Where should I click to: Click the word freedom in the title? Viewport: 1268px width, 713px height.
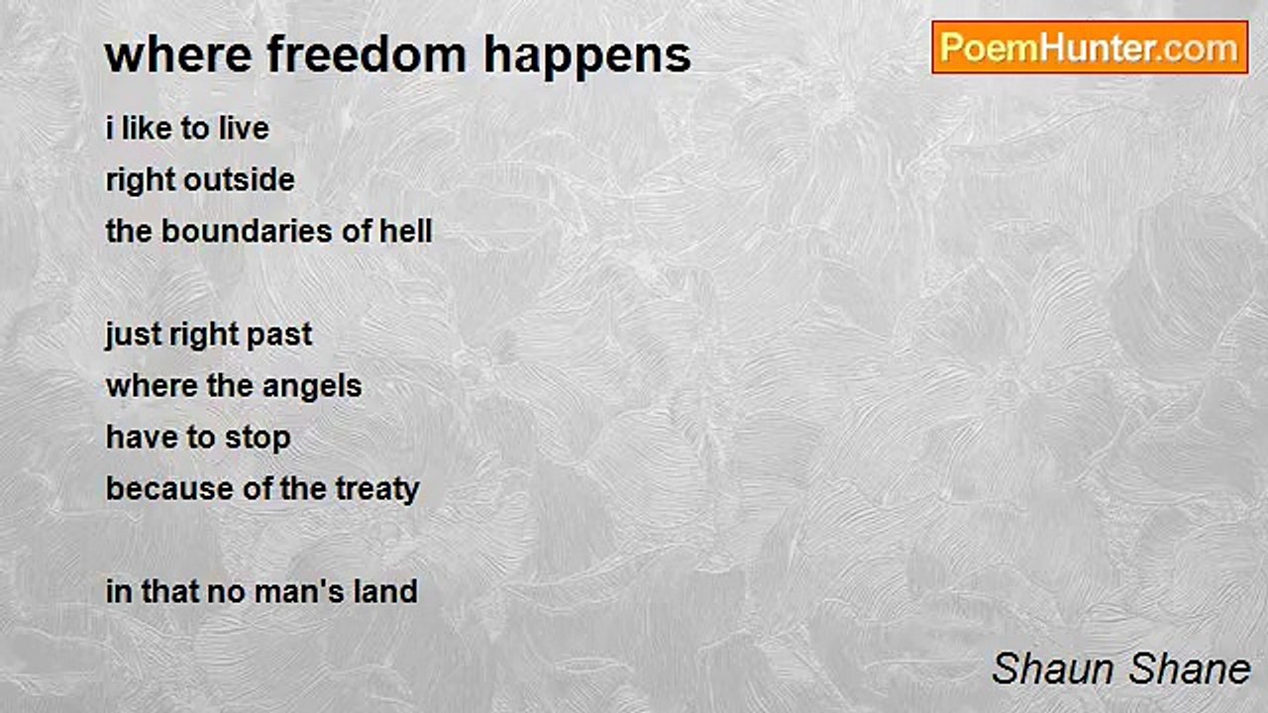click(x=367, y=54)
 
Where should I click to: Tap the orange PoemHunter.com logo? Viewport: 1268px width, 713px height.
click(x=1090, y=48)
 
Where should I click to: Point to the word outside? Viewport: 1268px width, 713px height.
click(x=240, y=180)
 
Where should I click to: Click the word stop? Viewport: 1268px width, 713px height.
click(x=258, y=439)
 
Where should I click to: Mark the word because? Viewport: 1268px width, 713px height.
click(x=169, y=489)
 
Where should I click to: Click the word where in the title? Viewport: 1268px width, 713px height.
click(x=178, y=54)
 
